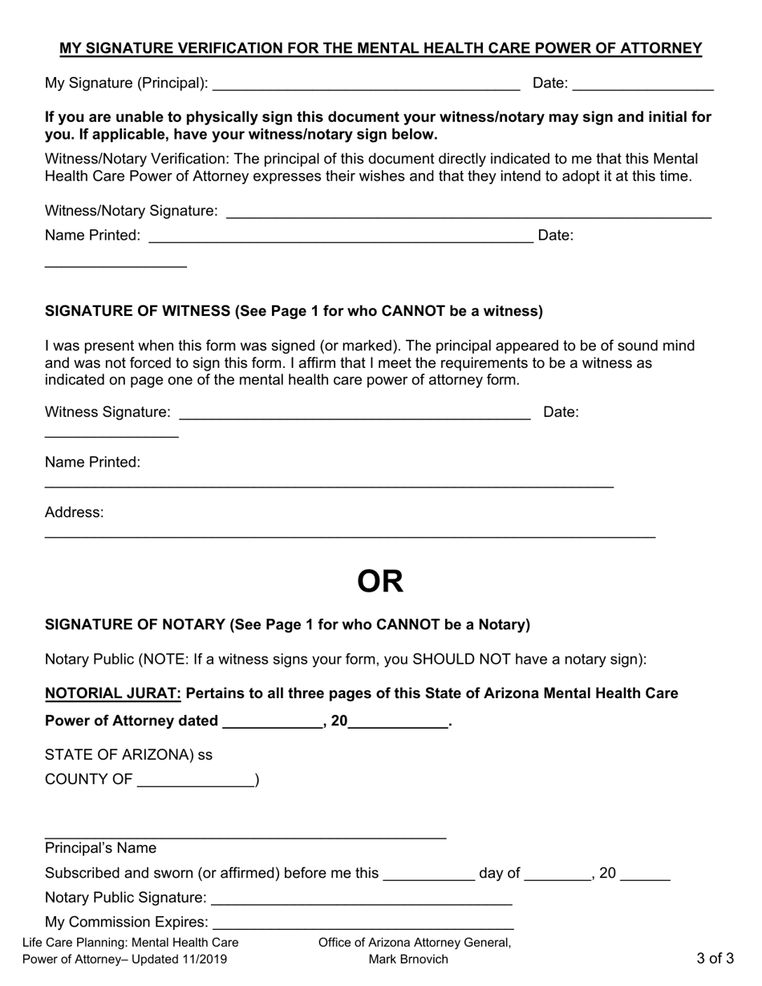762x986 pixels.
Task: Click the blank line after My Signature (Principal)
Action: pyautogui.click(x=366, y=84)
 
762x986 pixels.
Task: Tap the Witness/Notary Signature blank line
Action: pyautogui.click(x=468, y=212)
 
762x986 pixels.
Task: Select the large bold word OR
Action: pyautogui.click(x=380, y=582)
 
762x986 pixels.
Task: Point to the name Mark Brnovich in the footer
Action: pyautogui.click(x=408, y=959)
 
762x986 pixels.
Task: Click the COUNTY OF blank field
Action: pyautogui.click(x=196, y=781)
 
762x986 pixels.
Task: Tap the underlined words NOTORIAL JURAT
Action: pyautogui.click(x=113, y=693)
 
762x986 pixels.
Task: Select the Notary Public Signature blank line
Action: pyautogui.click(x=361, y=899)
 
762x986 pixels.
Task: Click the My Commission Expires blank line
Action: pyautogui.click(x=363, y=923)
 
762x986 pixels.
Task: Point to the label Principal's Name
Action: pyautogui.click(x=101, y=848)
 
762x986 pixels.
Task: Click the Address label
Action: pyautogui.click(x=74, y=512)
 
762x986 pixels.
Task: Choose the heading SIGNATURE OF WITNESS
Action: pyautogui.click(x=137, y=311)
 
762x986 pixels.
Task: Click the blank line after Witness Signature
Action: pyautogui.click(x=354, y=414)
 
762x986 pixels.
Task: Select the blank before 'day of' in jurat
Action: pyautogui.click(x=429, y=875)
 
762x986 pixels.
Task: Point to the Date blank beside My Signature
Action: pyautogui.click(x=643, y=84)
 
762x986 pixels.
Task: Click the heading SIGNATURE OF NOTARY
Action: pyautogui.click(x=135, y=624)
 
